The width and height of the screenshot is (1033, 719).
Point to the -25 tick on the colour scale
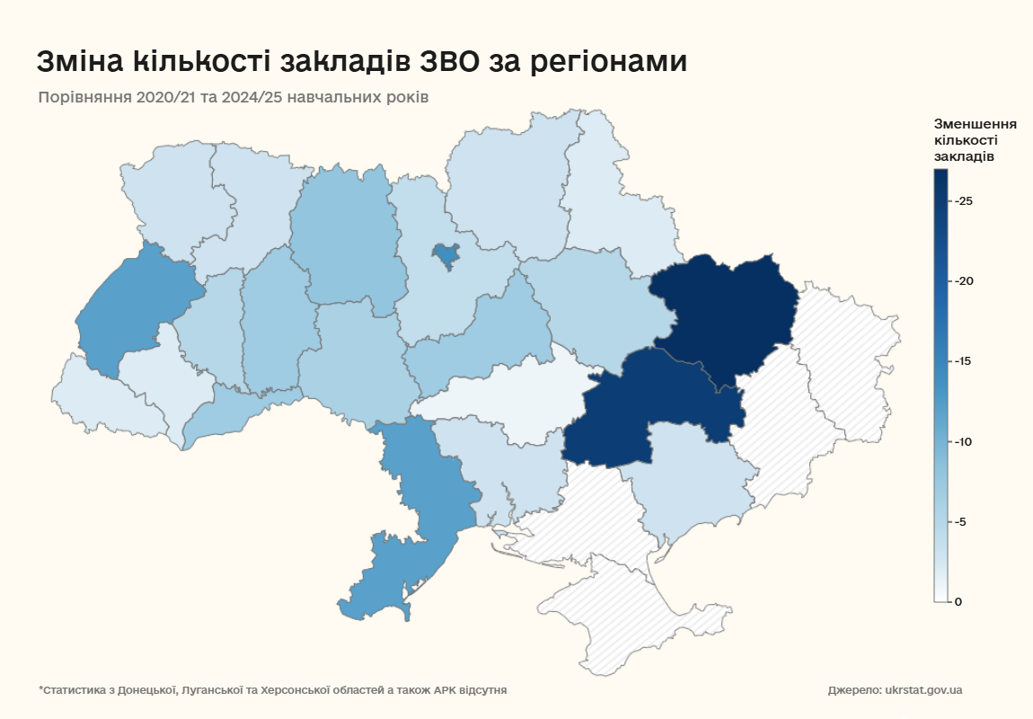tap(964, 201)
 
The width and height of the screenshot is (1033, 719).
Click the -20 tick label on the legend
tap(964, 281)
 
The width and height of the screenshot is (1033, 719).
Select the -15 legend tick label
tap(964, 361)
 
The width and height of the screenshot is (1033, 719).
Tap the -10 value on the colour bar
tap(964, 442)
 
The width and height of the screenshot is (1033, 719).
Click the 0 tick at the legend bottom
tap(958, 601)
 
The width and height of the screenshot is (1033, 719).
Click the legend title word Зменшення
tap(975, 123)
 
